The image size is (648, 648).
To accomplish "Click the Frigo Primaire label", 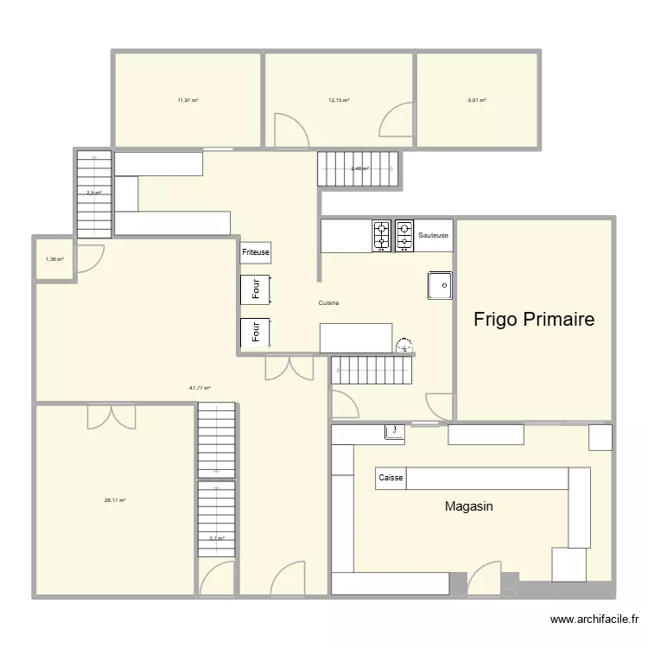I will pos(534,320).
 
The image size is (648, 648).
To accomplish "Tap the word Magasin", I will pos(468,506).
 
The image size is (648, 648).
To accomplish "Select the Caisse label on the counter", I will pos(391,478).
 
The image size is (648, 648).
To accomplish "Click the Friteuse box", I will pos(256,252).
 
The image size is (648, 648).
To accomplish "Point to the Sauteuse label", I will pos(433,235).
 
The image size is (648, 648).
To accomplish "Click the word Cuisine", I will pos(328,302).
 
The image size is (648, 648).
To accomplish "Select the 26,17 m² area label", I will pos(115,500).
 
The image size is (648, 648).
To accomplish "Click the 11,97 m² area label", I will pos(187,100).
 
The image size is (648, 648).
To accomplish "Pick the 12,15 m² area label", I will pos(339,100).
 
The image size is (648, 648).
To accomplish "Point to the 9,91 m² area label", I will pos(477,100).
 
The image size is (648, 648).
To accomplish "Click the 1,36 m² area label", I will pos(54,259).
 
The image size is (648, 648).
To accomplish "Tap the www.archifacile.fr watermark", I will pos(595,619).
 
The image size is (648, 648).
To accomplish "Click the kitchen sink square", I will pos(440,285).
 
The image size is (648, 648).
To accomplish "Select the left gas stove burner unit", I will pos(381,235).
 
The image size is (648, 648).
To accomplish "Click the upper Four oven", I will pos(256,289).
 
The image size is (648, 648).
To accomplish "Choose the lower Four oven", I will pos(256,332).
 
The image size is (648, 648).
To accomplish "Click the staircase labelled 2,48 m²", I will pos(359,168).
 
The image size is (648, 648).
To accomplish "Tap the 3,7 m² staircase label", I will pos(216,538).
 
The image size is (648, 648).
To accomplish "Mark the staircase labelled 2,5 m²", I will pos(93,193).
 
